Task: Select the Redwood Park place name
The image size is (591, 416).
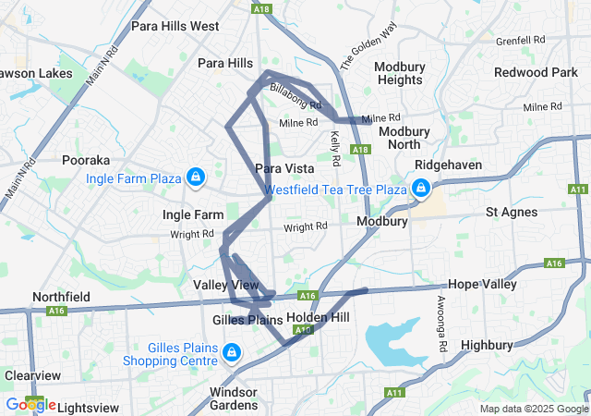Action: pos(536,72)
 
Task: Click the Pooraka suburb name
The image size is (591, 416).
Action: pos(86,160)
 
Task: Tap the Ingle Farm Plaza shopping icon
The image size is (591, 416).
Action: pos(195,177)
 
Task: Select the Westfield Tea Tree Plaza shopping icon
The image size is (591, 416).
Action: pos(420,190)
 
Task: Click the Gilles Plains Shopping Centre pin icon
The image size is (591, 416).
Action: pos(232,353)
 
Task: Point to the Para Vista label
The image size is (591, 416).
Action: pos(284,168)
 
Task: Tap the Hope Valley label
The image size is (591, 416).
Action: pos(482,285)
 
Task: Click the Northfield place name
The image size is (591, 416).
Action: pos(61,297)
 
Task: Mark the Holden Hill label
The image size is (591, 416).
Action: pos(318,317)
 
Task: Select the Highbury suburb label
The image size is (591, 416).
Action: pos(486,345)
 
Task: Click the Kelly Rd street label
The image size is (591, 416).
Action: pos(334,148)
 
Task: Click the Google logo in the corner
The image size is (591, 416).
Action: pos(31,405)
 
